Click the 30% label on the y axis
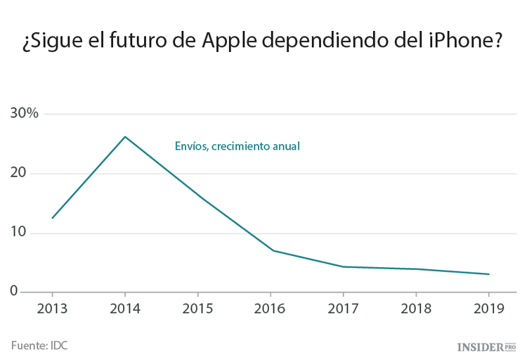coord(25,114)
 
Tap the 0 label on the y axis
coord(13,291)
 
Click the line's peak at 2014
coord(125,136)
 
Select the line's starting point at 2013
coord(52,218)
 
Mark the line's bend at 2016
coord(273,250)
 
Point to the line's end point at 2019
coord(488,274)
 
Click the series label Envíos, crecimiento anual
coord(237,146)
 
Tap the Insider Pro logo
coord(486,347)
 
